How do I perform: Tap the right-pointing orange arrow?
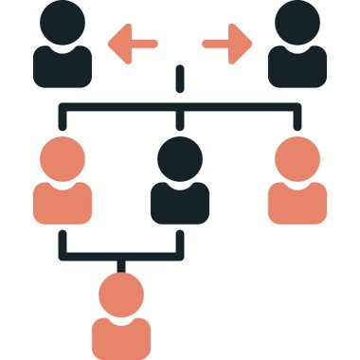pyautogui.click(x=228, y=43)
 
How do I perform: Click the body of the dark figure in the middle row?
pyautogui.click(x=180, y=201)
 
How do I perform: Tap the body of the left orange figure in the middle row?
pyautogui.click(x=63, y=201)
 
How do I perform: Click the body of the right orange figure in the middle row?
pyautogui.click(x=297, y=201)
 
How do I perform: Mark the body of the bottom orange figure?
pyautogui.click(x=121, y=336)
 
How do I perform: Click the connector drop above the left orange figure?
pyautogui.click(x=63, y=117)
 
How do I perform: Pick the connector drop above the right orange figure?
pyautogui.click(x=297, y=117)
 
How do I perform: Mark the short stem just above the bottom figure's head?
pyautogui.click(x=121, y=265)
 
